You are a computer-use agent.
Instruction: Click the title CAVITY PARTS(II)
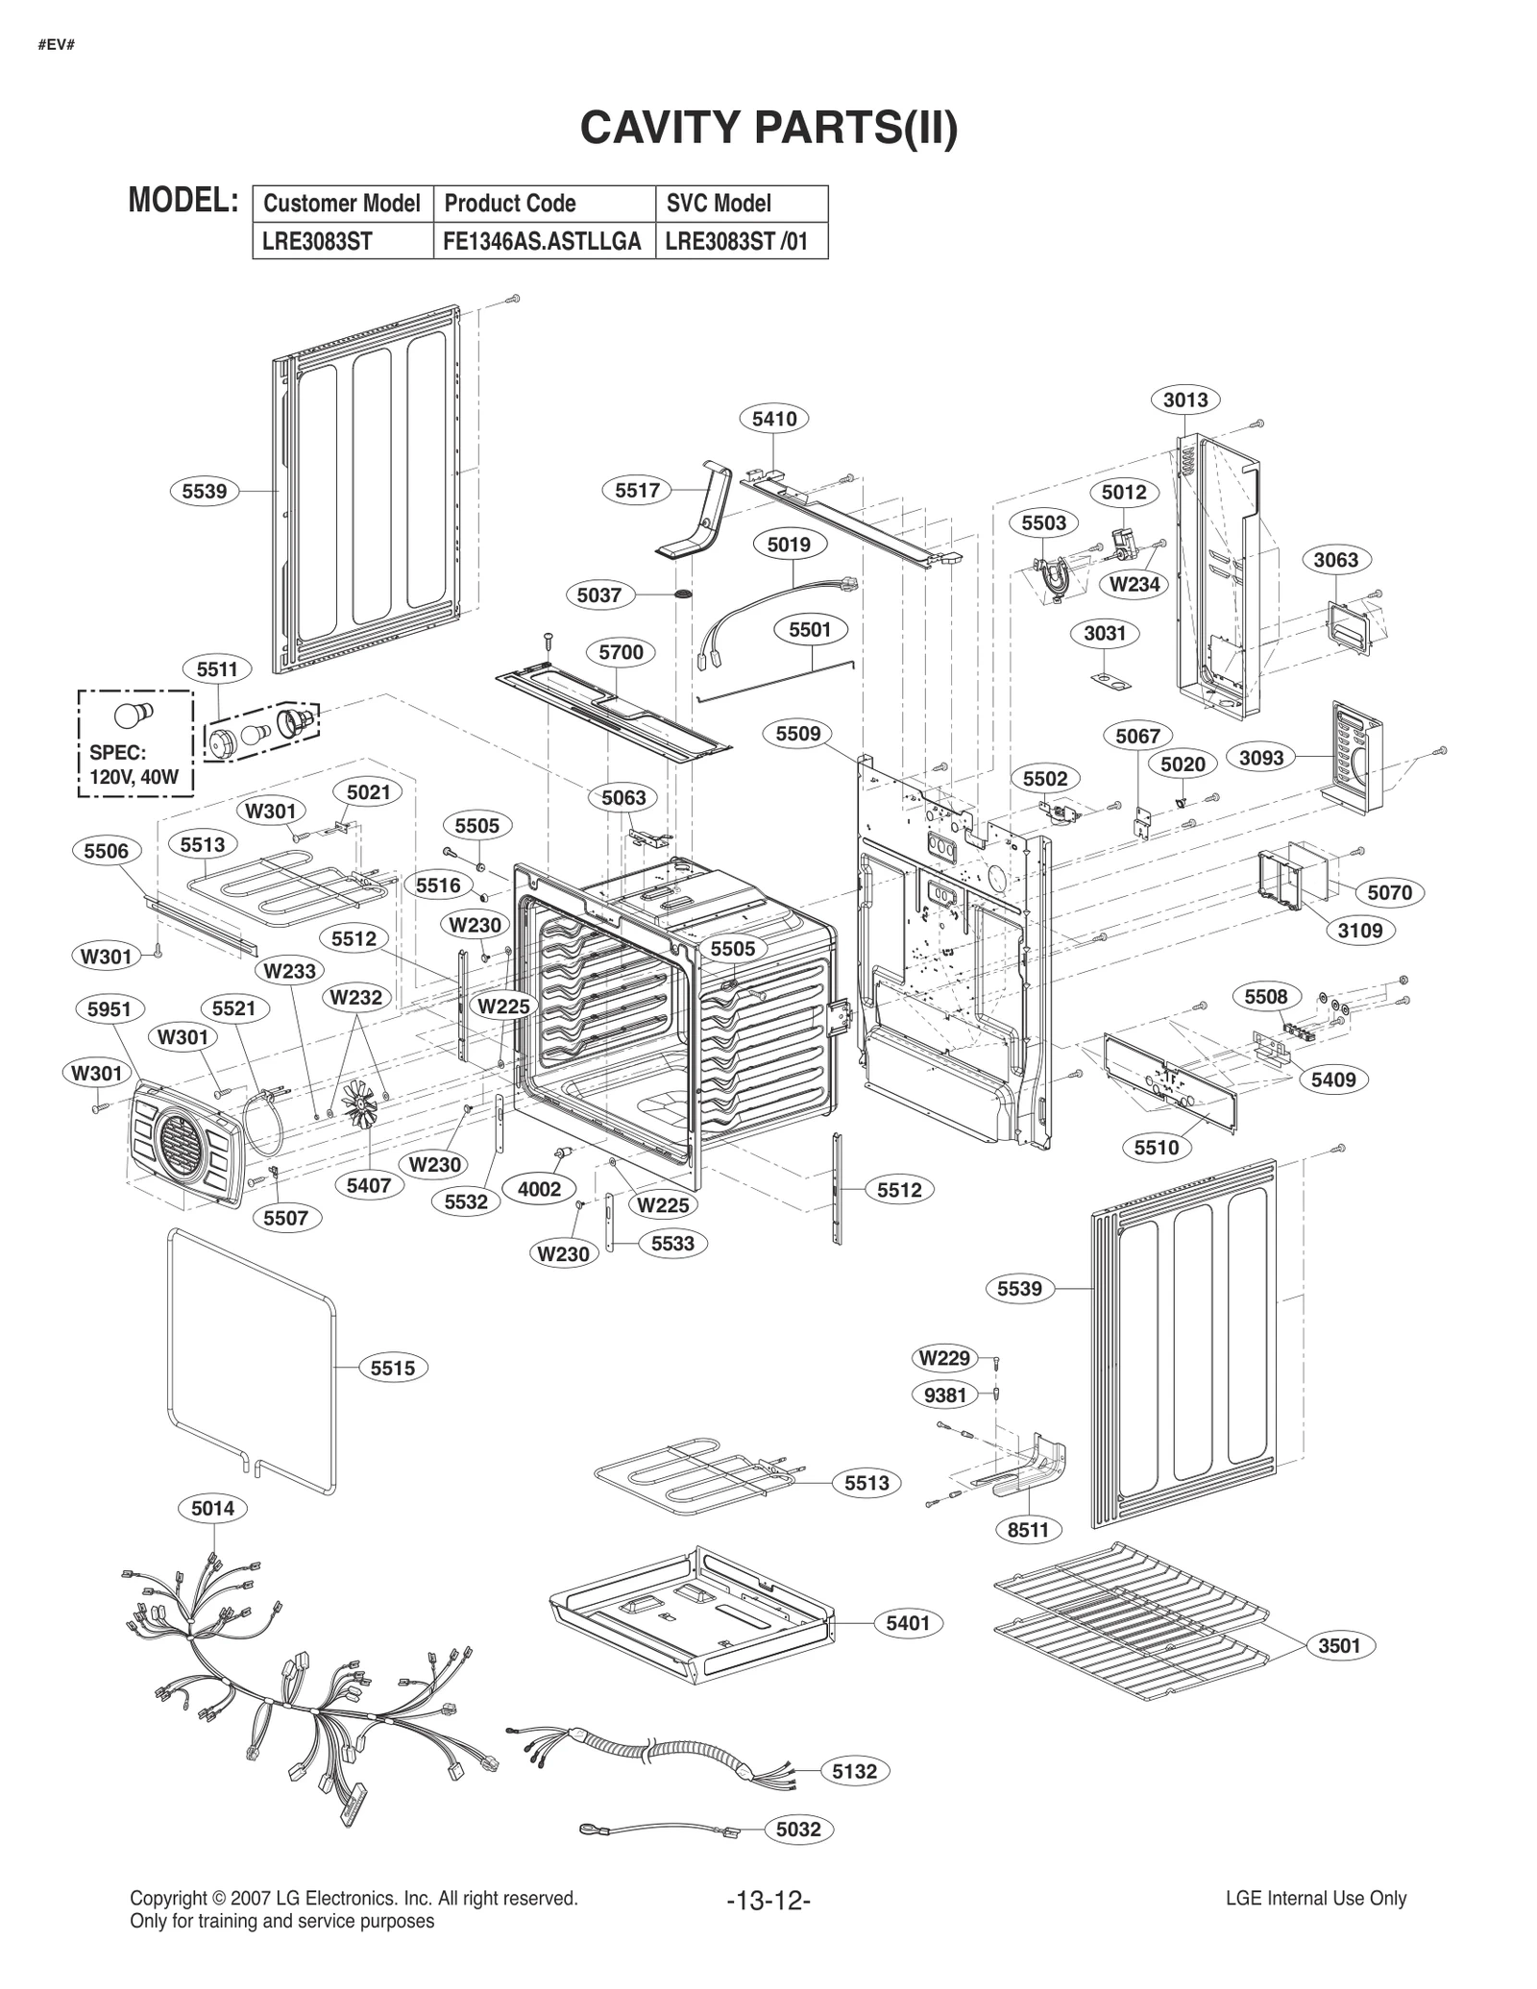pyautogui.click(x=768, y=128)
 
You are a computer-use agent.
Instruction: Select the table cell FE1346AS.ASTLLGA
pyautogui.click(x=542, y=241)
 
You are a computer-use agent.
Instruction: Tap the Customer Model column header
pyautogui.click(x=341, y=204)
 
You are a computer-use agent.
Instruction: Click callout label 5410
pyautogui.click(x=774, y=419)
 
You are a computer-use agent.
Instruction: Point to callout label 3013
pyautogui.click(x=1184, y=400)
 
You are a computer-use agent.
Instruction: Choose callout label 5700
pyautogui.click(x=621, y=653)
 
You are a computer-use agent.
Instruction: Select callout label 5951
pyautogui.click(x=109, y=1009)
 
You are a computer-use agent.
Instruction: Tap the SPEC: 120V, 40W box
pyautogui.click(x=134, y=743)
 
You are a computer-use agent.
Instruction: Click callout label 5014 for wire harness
pyautogui.click(x=212, y=1509)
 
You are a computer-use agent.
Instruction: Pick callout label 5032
pyautogui.click(x=798, y=1830)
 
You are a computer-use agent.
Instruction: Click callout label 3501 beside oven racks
pyautogui.click(x=1339, y=1646)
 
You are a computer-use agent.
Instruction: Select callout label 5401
pyautogui.click(x=908, y=1623)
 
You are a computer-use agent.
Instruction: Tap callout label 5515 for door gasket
pyautogui.click(x=393, y=1369)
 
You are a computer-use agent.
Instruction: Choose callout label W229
pyautogui.click(x=944, y=1358)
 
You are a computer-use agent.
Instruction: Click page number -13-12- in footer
pyautogui.click(x=768, y=1901)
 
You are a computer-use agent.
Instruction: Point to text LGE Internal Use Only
pyautogui.click(x=1315, y=1899)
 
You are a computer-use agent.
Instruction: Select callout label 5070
pyautogui.click(x=1389, y=893)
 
